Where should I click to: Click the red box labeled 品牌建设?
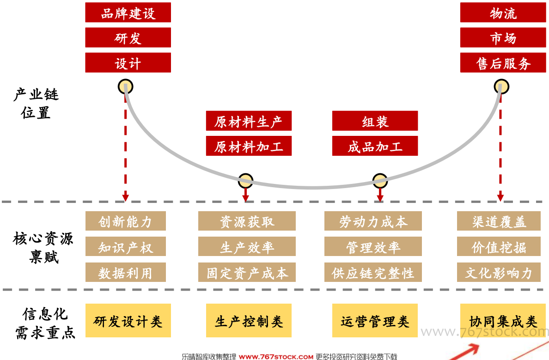[x=128, y=12]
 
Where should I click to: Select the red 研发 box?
[x=128, y=37]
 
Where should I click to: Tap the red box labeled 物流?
[x=503, y=12]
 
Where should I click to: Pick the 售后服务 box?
[x=503, y=63]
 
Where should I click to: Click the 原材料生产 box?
[x=249, y=121]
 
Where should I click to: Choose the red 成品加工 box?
[x=375, y=146]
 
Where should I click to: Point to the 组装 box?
[x=375, y=121]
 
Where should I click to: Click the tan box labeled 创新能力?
[x=126, y=221]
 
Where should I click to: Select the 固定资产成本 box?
[x=247, y=272]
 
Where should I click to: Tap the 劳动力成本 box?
[x=373, y=221]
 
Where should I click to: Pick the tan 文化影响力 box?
[x=499, y=272]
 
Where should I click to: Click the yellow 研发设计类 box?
[x=128, y=320]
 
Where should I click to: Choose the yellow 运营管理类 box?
[x=375, y=320]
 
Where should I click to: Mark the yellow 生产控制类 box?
[x=249, y=320]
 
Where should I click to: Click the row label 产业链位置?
[x=36, y=104]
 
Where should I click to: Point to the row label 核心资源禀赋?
[x=43, y=247]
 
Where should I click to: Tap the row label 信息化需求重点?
[x=45, y=323]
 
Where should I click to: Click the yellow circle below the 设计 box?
[x=125, y=86]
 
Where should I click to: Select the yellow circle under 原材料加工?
[x=245, y=181]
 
